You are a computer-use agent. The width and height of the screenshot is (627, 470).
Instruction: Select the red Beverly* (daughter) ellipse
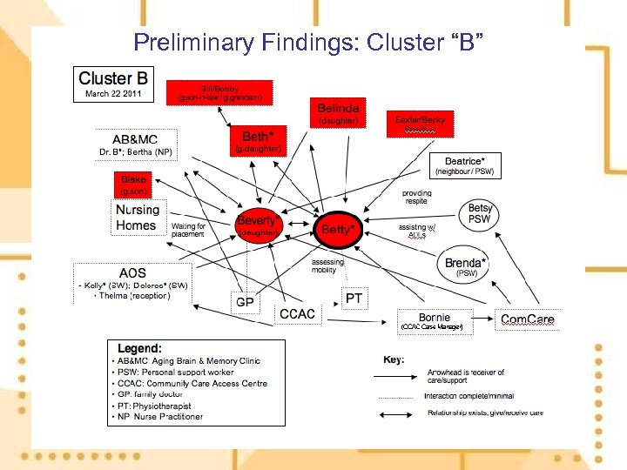[258, 225]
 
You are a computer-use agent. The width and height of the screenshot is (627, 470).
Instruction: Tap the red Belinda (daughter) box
[338, 111]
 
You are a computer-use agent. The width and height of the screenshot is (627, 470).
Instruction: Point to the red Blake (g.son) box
[135, 184]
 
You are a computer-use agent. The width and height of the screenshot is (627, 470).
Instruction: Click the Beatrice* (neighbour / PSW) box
[470, 164]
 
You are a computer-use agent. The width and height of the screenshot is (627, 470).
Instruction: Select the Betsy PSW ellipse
[480, 214]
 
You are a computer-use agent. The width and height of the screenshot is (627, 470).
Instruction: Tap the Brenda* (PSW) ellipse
[466, 265]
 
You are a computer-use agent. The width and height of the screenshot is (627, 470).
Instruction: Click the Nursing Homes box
[138, 218]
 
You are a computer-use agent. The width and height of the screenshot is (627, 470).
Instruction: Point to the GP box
[246, 302]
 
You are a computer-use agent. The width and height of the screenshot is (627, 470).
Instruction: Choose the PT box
[354, 299]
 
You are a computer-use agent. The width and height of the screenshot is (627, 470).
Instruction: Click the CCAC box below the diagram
[297, 313]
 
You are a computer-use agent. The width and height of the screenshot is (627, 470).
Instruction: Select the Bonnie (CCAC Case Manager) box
[435, 320]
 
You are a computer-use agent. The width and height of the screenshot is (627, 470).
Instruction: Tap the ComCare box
[527, 319]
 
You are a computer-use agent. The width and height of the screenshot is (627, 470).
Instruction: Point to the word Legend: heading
[140, 348]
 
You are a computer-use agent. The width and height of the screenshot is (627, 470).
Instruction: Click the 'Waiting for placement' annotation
[189, 230]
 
